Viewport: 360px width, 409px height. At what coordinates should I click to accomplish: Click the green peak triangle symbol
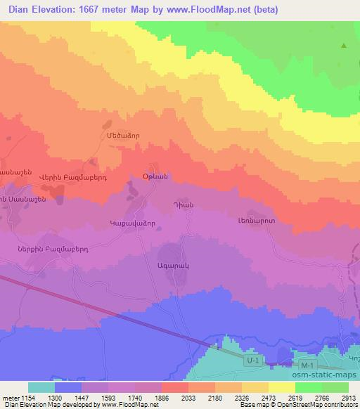344,46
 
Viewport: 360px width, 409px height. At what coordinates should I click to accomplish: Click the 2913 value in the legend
349,397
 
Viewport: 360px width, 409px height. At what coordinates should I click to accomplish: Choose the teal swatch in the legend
41,387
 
